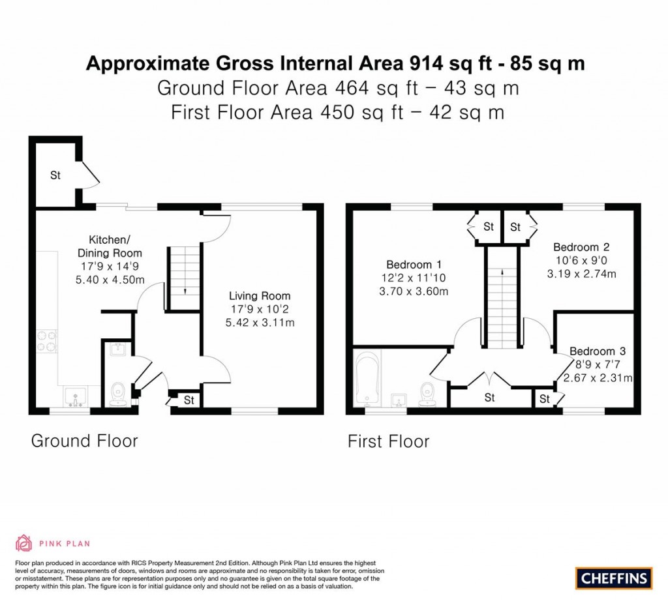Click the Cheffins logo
[x=613, y=578]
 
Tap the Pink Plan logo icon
[x=23, y=542]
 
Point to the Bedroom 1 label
[x=414, y=265]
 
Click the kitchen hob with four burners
[x=47, y=341]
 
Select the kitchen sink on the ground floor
[x=78, y=396]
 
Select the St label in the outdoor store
[x=55, y=175]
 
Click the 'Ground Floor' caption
[x=84, y=441]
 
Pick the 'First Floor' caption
[x=388, y=441]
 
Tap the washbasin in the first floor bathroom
[x=399, y=399]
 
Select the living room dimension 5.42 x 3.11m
[x=259, y=322]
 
